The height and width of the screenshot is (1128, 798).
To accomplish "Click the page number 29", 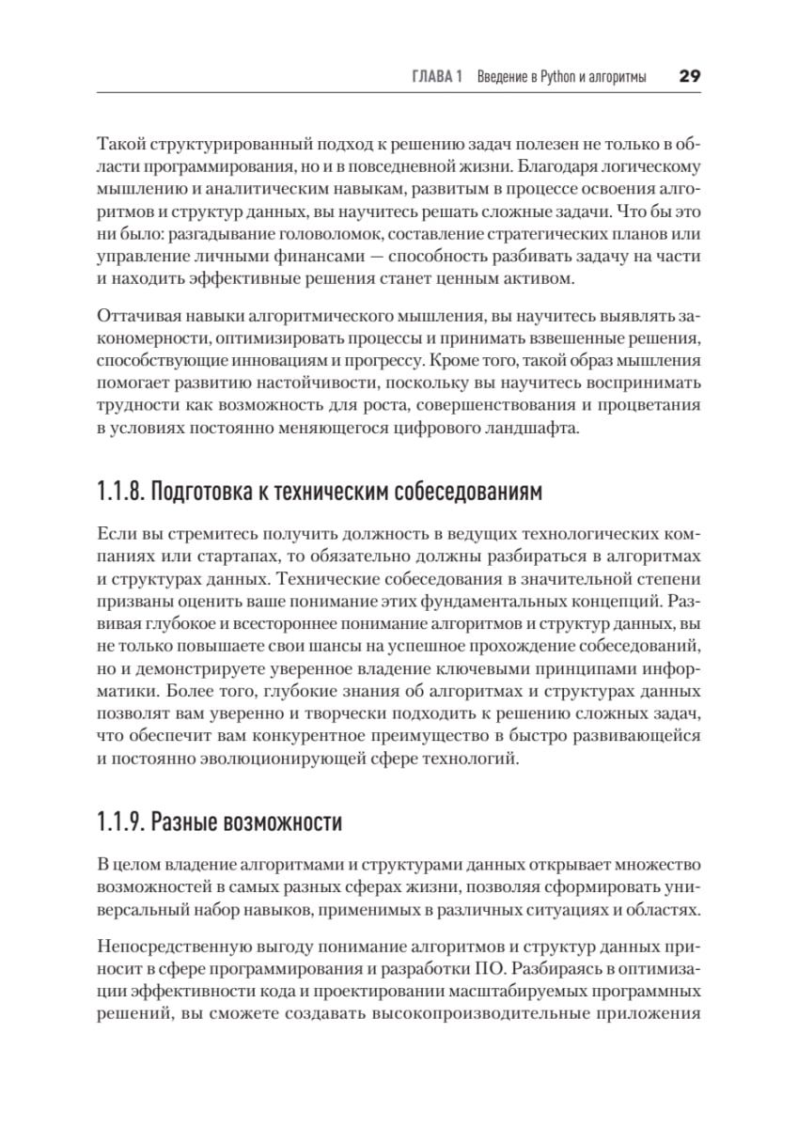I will pyautogui.click(x=691, y=77).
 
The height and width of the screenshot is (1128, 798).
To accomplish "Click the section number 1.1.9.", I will pyautogui.click(x=119, y=823).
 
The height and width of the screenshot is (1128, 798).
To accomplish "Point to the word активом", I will pyautogui.click(x=561, y=279).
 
